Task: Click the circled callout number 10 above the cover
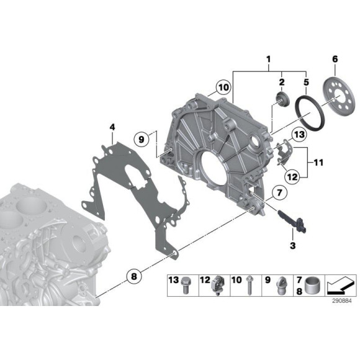(223, 88)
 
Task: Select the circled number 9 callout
(142, 140)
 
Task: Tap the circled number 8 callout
(134, 276)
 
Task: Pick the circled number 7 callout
(279, 192)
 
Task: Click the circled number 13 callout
(299, 134)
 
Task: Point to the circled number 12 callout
(292, 177)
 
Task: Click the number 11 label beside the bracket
(318, 163)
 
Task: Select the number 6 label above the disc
(335, 59)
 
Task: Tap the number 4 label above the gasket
(112, 127)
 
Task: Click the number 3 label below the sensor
(293, 245)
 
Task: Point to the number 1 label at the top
(268, 59)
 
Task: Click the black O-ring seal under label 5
(310, 114)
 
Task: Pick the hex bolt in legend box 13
(186, 285)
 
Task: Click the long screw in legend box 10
(250, 285)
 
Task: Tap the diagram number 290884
(341, 301)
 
